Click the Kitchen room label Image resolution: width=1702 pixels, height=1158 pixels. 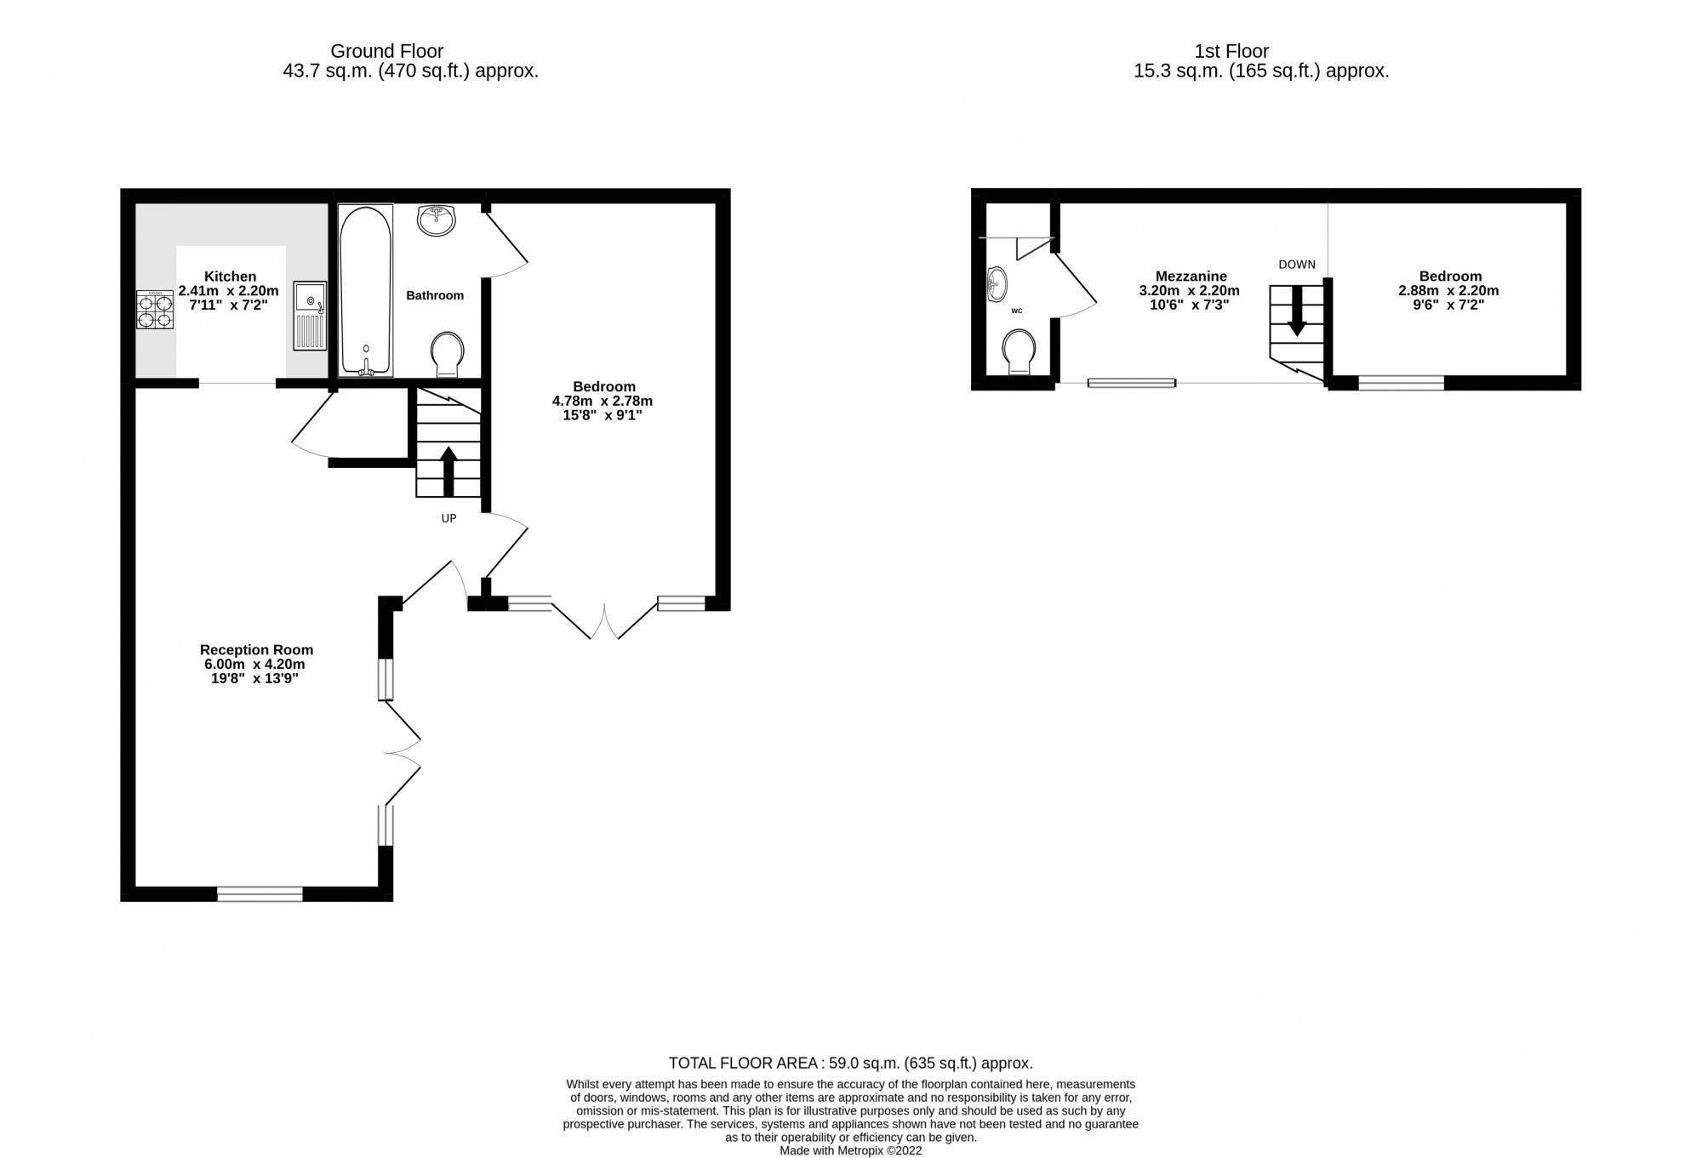(230, 277)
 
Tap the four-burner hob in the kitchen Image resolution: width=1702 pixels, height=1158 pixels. (156, 311)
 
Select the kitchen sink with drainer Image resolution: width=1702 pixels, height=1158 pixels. (310, 316)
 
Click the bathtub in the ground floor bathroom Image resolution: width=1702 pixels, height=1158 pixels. (366, 290)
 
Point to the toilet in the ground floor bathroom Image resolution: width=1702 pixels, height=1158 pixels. (448, 353)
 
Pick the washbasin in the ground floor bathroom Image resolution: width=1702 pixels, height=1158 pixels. (437, 220)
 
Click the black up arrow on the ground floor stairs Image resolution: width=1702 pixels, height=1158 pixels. (448, 471)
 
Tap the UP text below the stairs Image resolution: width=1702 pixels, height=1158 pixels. (448, 518)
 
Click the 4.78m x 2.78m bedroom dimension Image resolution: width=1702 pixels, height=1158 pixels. (603, 401)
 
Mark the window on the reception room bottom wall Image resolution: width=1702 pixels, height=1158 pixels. (260, 893)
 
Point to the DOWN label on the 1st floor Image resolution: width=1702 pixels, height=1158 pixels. (1297, 265)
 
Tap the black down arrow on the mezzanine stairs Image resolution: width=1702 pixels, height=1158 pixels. (1297, 311)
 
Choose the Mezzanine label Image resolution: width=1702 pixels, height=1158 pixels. (1191, 277)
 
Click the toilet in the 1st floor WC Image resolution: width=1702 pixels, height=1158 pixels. (1018, 351)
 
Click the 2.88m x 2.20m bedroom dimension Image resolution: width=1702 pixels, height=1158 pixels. (1449, 290)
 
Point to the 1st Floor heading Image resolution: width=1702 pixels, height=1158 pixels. (1231, 51)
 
